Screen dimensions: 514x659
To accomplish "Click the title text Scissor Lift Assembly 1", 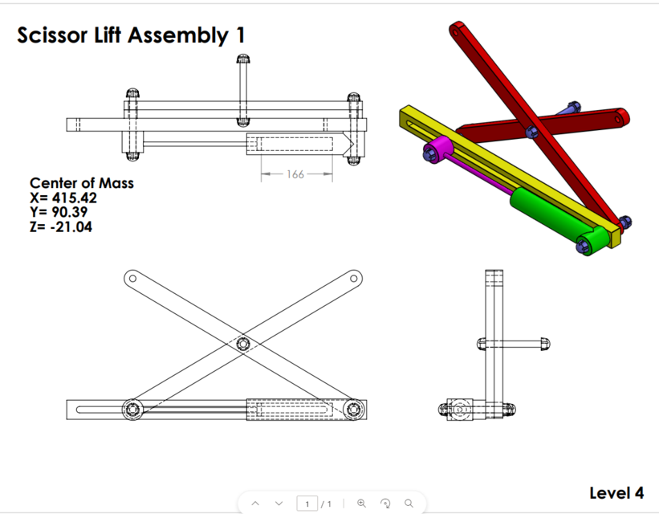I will [132, 35].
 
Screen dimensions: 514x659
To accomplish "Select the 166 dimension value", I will [295, 173].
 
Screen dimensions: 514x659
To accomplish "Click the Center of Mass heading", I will [82, 183].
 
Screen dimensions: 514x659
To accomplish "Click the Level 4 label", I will [616, 492].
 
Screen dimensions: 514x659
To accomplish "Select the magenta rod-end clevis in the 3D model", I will [438, 149].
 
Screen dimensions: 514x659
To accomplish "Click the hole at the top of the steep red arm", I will [458, 30].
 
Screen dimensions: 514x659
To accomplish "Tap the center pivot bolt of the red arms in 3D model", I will [530, 131].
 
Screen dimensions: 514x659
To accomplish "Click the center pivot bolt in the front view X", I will [243, 344].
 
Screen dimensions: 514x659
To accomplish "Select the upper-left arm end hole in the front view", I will [130, 278].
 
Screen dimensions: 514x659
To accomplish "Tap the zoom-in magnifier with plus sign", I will [361, 504].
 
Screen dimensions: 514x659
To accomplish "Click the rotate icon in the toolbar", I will [385, 504].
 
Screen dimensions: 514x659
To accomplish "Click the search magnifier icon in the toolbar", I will [409, 504].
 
